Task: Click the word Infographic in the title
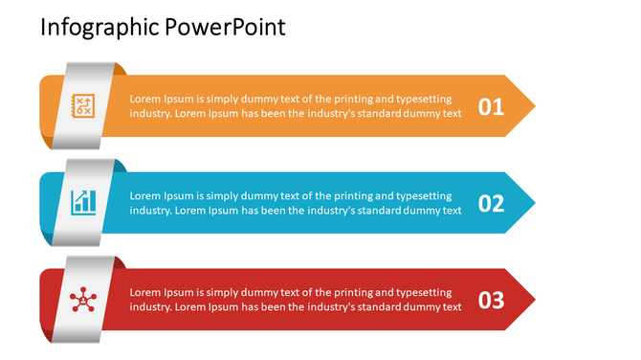(87, 28)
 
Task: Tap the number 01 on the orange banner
(491, 107)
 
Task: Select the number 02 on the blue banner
(491, 204)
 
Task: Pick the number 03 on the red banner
(491, 301)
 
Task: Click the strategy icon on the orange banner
(83, 106)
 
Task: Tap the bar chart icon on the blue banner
(83, 202)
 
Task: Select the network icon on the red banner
(83, 300)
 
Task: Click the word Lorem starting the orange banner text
(145, 99)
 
